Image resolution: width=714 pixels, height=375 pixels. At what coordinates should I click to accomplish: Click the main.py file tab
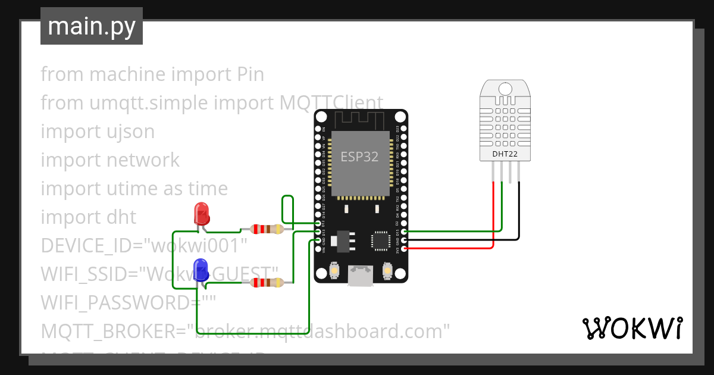(91, 26)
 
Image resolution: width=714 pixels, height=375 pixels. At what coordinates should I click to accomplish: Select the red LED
(202, 214)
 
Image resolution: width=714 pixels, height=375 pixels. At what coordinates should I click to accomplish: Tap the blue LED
(202, 270)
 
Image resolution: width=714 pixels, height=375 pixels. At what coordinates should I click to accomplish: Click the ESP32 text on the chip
(359, 157)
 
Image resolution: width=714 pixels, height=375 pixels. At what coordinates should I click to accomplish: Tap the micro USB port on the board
(361, 277)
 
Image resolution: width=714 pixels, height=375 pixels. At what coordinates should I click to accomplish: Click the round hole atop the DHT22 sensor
(505, 89)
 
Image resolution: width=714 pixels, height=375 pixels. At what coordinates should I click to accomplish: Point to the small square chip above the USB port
(380, 240)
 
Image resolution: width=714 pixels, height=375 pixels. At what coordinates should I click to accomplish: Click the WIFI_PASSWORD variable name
(113, 303)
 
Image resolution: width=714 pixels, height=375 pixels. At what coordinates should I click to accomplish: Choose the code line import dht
(89, 217)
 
